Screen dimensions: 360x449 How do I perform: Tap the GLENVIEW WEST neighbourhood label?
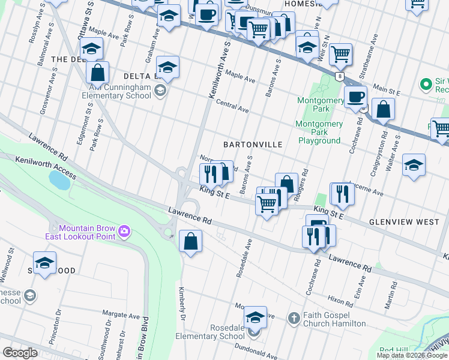coord(404,221)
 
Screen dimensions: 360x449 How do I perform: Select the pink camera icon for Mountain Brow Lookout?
coord(124,230)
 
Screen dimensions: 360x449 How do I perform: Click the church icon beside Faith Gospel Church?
coord(294,317)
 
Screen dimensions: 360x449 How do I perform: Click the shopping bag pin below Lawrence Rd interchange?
coord(190,242)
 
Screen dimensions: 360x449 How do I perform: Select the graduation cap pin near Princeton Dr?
coord(44,263)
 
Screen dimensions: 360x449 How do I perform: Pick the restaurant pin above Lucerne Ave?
coord(342,193)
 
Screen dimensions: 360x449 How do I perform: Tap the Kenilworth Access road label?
coord(46,167)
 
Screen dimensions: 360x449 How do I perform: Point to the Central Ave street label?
coord(232,106)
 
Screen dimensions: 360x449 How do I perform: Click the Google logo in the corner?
coord(20,353)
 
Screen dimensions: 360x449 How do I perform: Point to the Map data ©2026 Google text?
coord(412,355)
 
